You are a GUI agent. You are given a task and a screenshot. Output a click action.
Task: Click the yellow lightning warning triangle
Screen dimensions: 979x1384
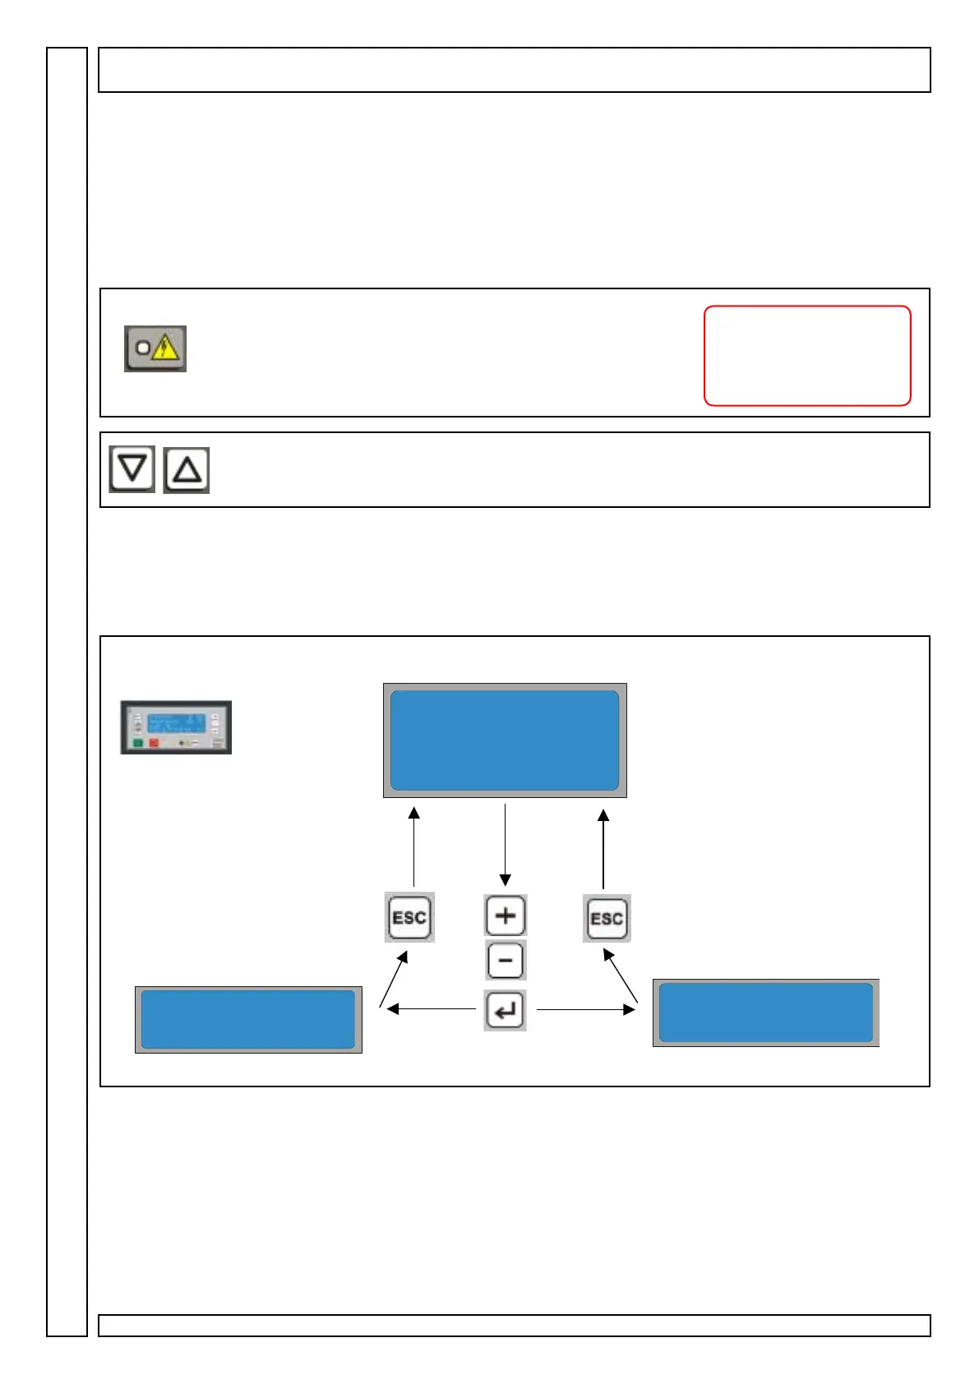click(165, 348)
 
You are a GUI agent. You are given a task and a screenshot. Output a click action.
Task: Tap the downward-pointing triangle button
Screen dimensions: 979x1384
click(132, 469)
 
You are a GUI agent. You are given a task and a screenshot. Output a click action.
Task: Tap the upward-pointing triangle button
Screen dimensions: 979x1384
click(187, 470)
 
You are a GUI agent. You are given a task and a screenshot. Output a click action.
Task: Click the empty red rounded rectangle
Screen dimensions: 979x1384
click(807, 355)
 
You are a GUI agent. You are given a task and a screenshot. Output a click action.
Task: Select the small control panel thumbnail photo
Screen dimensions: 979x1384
click(176, 727)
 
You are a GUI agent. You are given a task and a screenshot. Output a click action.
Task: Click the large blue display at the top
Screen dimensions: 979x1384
click(505, 740)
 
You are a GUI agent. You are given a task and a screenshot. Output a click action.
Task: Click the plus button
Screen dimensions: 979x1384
click(506, 916)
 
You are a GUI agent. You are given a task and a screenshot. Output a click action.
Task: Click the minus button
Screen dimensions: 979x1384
click(506, 961)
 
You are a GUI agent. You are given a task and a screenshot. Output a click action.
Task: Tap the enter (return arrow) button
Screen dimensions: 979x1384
click(505, 1010)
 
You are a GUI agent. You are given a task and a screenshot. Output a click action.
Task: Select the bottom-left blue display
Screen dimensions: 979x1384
click(248, 1019)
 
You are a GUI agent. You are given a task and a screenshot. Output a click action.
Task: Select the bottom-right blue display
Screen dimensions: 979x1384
click(765, 1013)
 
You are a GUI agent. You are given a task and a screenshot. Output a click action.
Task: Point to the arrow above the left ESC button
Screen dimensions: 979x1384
click(414, 847)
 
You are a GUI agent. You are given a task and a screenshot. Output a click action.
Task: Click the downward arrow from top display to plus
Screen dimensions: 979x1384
click(505, 845)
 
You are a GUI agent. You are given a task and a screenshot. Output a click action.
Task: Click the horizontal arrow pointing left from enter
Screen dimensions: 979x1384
click(431, 1008)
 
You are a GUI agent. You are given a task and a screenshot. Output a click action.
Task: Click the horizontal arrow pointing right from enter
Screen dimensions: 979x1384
click(585, 1008)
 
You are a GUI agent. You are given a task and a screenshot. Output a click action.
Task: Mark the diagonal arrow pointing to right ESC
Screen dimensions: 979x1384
click(621, 976)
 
